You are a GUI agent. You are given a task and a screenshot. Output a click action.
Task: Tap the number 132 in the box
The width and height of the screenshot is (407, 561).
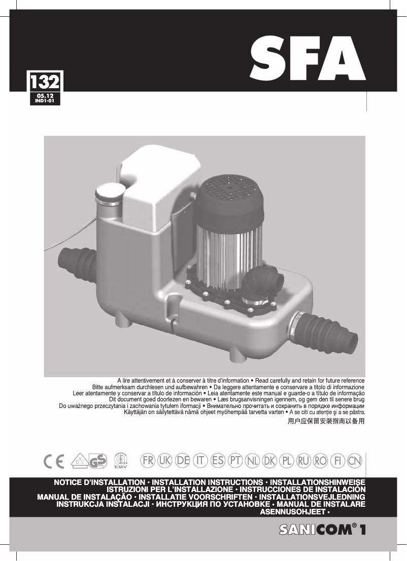(45, 82)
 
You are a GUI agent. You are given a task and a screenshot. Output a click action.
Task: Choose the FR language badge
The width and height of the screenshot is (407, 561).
(148, 461)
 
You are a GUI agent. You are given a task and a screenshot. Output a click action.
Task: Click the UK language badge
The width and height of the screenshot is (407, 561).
(165, 461)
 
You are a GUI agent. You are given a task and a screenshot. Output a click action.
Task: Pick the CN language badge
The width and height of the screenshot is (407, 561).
(355, 461)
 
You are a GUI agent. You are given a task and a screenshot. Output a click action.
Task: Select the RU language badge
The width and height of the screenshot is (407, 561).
(303, 461)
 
